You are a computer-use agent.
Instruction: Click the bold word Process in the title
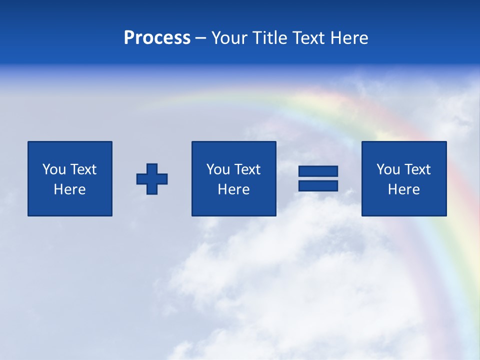point(157,38)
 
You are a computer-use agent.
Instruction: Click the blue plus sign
point(152,179)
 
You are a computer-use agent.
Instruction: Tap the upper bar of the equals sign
point(318,171)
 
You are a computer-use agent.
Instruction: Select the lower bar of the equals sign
point(318,185)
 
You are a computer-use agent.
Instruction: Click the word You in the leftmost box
point(53,169)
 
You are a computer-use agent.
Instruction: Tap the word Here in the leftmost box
point(69,189)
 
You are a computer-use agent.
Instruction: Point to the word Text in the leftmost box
point(83,169)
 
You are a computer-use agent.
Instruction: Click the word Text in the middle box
point(247,169)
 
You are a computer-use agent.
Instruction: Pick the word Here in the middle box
point(233,189)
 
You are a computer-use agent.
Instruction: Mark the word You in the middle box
point(217,169)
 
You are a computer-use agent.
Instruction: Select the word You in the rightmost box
point(387,169)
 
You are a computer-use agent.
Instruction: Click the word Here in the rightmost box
point(403,189)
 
